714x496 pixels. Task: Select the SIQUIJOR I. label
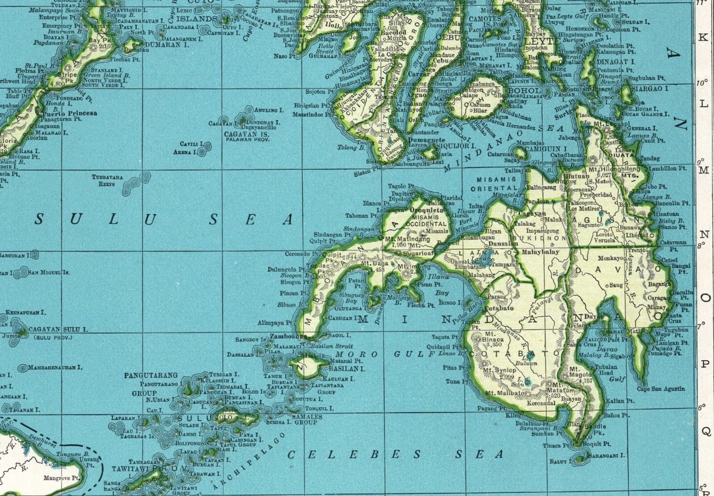point(456,145)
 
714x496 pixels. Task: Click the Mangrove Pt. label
point(64,478)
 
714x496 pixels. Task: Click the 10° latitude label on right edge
point(700,83)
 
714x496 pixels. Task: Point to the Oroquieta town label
point(425,210)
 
